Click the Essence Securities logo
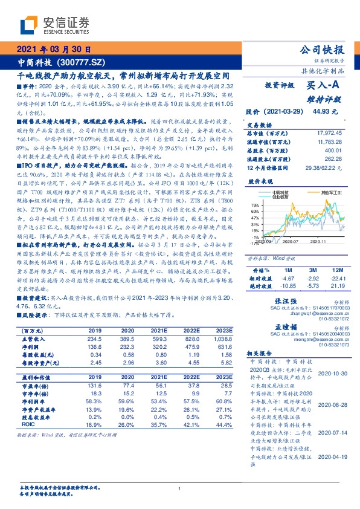point(54,25)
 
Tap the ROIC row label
point(27,443)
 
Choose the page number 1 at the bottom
point(180,488)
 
